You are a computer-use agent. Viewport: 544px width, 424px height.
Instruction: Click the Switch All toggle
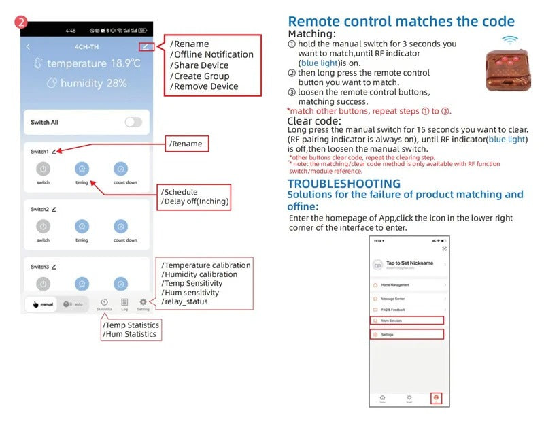[133, 123]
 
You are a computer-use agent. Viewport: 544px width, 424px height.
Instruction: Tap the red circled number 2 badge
[22, 22]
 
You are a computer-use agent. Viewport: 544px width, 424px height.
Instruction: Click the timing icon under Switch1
[82, 169]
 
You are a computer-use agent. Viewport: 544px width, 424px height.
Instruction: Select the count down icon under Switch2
[121, 226]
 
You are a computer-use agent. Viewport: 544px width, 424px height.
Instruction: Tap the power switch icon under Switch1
[43, 169]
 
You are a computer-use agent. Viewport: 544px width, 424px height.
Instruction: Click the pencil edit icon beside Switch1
[54, 152]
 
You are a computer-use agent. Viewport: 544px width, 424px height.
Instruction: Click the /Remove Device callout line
[204, 86]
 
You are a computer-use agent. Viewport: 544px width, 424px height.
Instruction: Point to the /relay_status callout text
[184, 301]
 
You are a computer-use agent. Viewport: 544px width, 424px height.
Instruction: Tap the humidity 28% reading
[87, 84]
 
